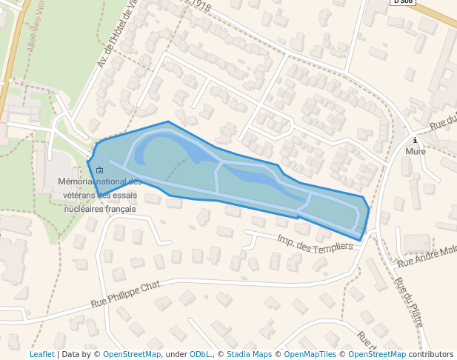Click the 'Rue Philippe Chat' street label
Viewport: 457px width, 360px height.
[x=125, y=293]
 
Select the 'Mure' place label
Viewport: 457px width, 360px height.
[x=416, y=152]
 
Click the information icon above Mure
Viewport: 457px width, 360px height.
[x=416, y=140]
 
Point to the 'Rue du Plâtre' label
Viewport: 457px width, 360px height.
[x=409, y=302]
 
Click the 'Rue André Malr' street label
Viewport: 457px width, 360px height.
[x=428, y=256]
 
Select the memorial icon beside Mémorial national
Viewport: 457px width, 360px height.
[x=100, y=170]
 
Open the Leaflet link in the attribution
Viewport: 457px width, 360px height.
[x=41, y=354]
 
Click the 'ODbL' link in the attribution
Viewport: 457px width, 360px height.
[x=200, y=354]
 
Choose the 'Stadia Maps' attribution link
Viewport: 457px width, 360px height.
[x=249, y=354]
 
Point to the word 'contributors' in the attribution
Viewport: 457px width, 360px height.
[x=431, y=354]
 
